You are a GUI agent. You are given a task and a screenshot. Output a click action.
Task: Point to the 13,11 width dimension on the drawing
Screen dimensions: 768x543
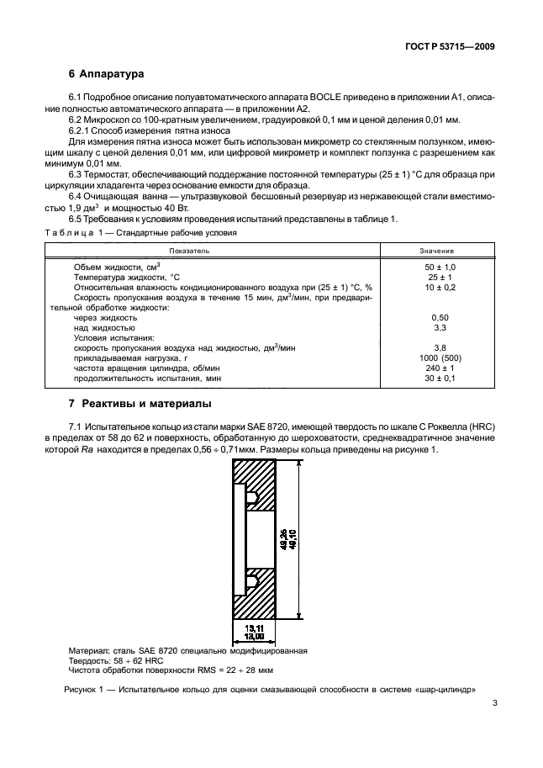[254, 628]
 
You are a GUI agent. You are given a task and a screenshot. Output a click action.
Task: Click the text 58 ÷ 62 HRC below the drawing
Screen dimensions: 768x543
[128, 660]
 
